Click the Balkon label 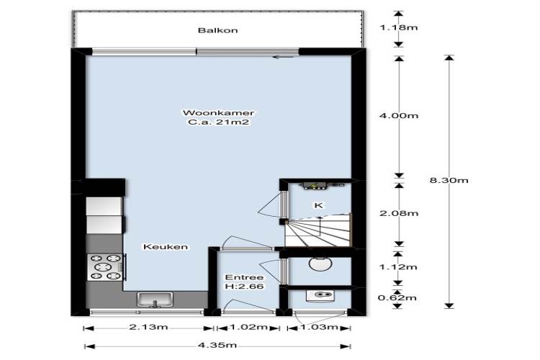click(x=217, y=30)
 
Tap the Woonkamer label click(x=218, y=112)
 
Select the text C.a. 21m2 click(x=218, y=122)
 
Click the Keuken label click(x=166, y=247)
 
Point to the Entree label click(x=244, y=277)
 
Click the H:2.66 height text click(x=244, y=287)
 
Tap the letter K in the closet click(x=318, y=205)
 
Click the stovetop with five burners click(x=104, y=267)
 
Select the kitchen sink click(x=155, y=300)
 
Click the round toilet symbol click(x=320, y=264)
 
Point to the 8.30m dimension click(x=449, y=180)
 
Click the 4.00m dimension click(x=399, y=116)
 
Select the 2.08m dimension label click(x=399, y=213)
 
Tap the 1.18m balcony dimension click(x=399, y=27)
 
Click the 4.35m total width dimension click(x=217, y=345)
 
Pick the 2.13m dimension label click(x=148, y=327)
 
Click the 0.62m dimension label click(x=397, y=297)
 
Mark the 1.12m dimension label click(x=398, y=267)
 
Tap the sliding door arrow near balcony click(x=283, y=57)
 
